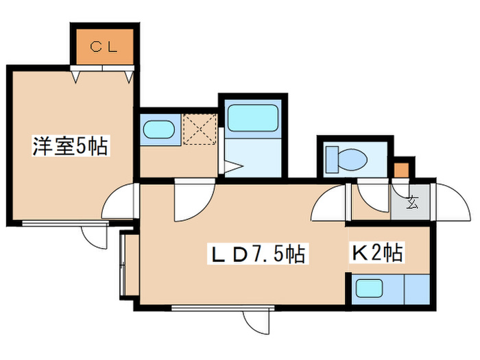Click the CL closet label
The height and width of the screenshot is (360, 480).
[x=104, y=47]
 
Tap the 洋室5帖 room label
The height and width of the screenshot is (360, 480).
[x=71, y=146]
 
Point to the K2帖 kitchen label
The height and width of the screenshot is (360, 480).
[x=377, y=252]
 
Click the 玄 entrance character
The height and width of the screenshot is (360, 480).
[x=412, y=202]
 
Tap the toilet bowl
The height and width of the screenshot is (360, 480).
[x=352, y=159]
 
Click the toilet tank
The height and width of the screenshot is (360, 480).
[x=332, y=159]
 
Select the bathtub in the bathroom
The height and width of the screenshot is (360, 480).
[x=253, y=118]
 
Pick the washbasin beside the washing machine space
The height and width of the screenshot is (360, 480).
[x=159, y=129]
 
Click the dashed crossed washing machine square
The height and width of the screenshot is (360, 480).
[x=200, y=129]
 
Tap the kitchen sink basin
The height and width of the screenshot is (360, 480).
[x=369, y=289]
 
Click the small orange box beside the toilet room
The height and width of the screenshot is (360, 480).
[x=401, y=171]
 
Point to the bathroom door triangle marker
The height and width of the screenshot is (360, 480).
[x=234, y=166]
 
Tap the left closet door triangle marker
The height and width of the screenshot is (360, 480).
[x=75, y=77]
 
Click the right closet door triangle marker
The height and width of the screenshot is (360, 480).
[x=129, y=77]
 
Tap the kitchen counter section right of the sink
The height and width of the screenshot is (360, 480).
[x=418, y=289]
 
